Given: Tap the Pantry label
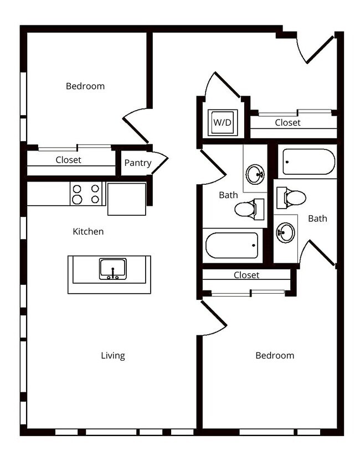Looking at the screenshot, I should tap(137, 163).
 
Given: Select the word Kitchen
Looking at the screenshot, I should tap(88, 231).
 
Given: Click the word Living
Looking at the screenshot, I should tap(112, 355).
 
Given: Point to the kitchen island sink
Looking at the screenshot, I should tap(113, 269).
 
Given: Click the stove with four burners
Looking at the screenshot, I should tap(88, 194).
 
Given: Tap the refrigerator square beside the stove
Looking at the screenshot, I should tap(127, 199).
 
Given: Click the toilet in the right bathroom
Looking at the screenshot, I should tap(294, 198).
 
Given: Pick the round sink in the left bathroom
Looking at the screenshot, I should tap(256, 175).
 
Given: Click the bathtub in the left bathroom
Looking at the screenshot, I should tap(232, 245).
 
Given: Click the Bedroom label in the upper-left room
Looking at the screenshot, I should tap(85, 86).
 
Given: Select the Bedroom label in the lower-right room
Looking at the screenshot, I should tap(275, 355).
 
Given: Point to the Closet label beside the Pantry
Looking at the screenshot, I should tap(68, 160).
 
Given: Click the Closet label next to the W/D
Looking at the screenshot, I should tap(288, 122).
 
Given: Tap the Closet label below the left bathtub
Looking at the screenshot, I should tap(246, 274).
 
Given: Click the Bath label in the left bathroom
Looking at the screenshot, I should tap(228, 195).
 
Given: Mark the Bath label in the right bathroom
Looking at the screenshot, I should tap(317, 219).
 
